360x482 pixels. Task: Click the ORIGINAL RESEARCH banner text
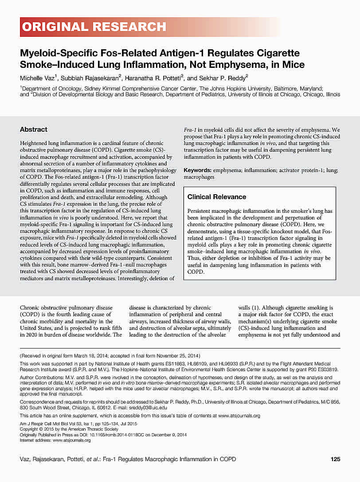[94, 27]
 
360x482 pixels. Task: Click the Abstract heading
[34, 129]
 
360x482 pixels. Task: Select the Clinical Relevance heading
[217, 197]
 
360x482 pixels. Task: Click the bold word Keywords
[197, 170]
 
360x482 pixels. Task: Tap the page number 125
[335, 459]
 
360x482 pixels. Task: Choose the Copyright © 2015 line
[69, 429]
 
